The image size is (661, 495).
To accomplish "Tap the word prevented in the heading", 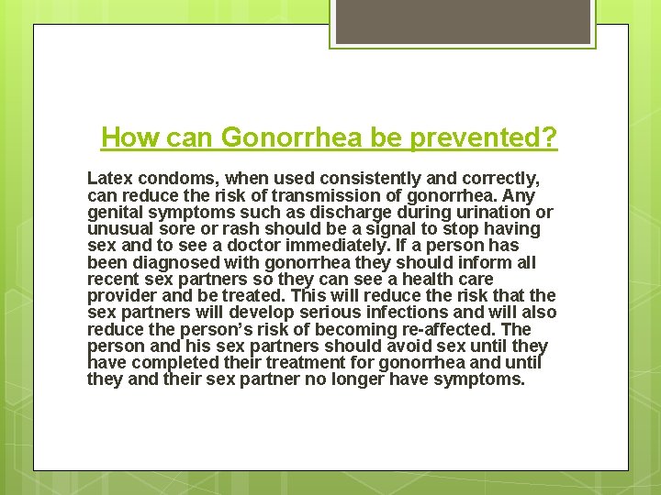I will pyautogui.click(x=477, y=138).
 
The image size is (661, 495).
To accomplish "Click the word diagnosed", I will pyautogui.click(x=172, y=262).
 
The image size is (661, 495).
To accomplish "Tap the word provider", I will pyautogui.click(x=123, y=295).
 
